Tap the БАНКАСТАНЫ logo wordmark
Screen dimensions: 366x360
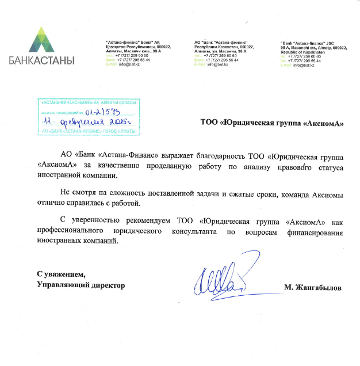click(x=41, y=59)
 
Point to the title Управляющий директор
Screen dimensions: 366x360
click(x=80, y=285)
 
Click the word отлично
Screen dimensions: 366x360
click(x=53, y=204)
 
